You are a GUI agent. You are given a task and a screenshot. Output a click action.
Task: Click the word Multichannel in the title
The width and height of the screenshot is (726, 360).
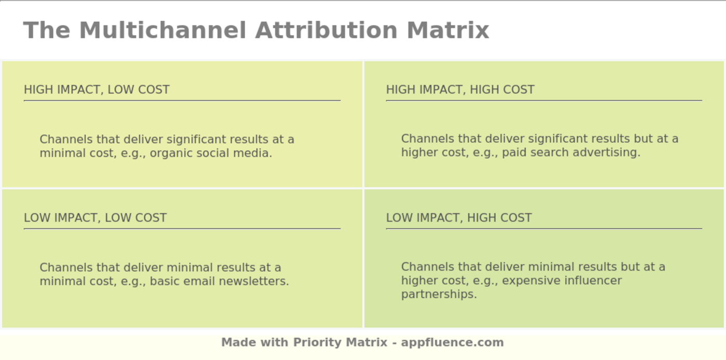pos(162,30)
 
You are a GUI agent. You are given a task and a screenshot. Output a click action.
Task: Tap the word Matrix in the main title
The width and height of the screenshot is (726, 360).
pos(448,30)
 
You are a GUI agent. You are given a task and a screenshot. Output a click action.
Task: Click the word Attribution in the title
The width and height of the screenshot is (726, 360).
pos(326,30)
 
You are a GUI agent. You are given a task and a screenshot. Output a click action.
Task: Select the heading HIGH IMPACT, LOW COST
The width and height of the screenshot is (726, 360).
pos(96,90)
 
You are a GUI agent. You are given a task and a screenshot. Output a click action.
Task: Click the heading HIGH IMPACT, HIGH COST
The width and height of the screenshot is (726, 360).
pos(460,90)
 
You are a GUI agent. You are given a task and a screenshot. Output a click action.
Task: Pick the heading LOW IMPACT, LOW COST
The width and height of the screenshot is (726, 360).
pos(95,218)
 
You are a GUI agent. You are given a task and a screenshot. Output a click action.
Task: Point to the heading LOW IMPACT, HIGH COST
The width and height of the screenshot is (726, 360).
pos(458,218)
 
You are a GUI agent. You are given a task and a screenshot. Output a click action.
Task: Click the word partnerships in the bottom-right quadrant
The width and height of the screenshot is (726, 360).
pos(438,294)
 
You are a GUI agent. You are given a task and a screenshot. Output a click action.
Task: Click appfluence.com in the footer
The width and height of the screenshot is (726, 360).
pos(452,342)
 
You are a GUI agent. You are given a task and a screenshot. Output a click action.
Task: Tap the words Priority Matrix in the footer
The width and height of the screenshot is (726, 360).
pos(340,342)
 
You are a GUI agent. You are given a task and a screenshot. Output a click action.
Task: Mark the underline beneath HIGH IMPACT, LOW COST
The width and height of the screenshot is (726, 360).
pos(182,100)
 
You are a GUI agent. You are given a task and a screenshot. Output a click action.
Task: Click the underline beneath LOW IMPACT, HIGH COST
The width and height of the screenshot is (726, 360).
pos(543,228)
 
